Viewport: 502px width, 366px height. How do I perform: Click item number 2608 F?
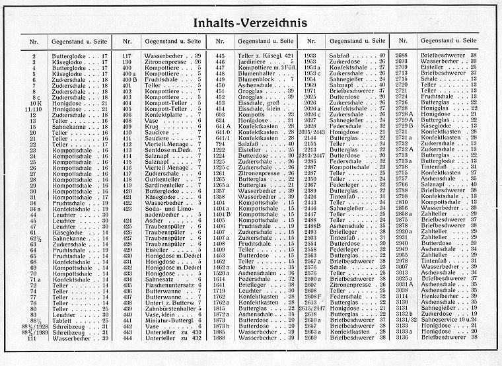[311, 297]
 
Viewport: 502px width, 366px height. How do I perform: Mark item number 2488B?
[311, 226]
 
